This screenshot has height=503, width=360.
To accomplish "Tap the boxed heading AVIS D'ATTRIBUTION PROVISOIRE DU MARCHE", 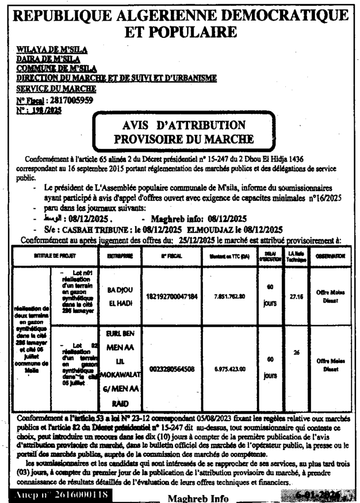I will (184, 132).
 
